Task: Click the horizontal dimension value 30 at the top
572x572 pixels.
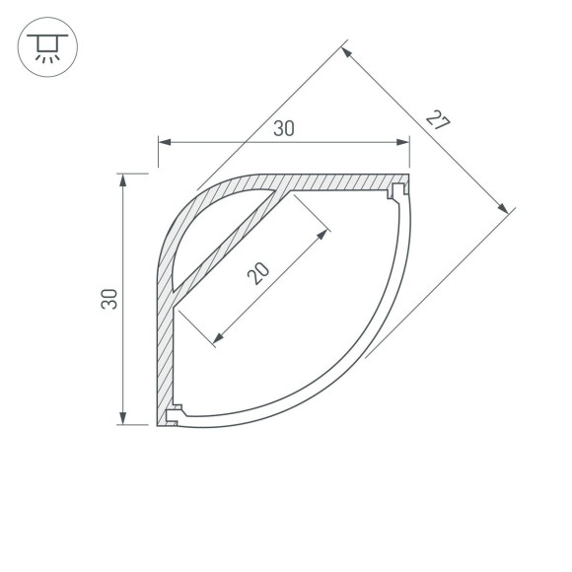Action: (x=285, y=127)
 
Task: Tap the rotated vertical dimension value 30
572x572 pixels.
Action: (x=110, y=299)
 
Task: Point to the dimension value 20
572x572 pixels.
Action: (x=257, y=273)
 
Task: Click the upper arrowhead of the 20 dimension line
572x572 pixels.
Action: (x=322, y=234)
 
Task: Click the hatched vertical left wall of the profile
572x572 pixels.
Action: (x=164, y=355)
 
